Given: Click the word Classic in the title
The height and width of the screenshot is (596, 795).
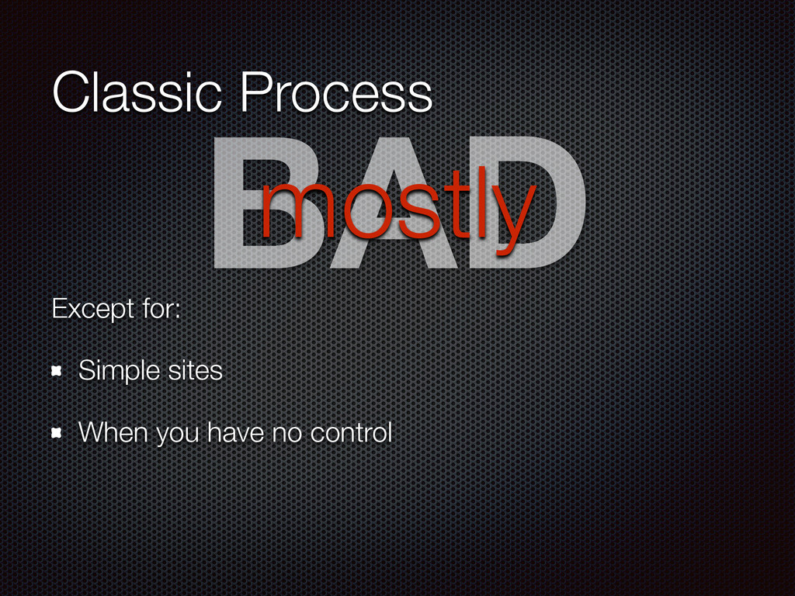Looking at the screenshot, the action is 137,92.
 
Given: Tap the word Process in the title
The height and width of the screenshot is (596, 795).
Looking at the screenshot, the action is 336,92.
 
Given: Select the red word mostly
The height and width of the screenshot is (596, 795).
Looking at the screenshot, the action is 398,210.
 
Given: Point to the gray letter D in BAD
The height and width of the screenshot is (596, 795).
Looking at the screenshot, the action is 527,203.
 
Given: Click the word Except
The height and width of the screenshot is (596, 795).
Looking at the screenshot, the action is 93,309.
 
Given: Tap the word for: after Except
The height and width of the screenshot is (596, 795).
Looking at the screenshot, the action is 161,308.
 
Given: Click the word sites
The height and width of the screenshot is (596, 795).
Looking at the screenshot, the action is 195,370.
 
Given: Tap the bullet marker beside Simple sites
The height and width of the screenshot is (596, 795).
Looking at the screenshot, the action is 57,372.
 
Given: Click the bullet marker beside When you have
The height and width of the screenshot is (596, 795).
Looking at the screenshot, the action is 57,433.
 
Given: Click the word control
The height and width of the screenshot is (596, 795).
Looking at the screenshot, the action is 352,432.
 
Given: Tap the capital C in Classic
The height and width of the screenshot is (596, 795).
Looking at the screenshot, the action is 75,92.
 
